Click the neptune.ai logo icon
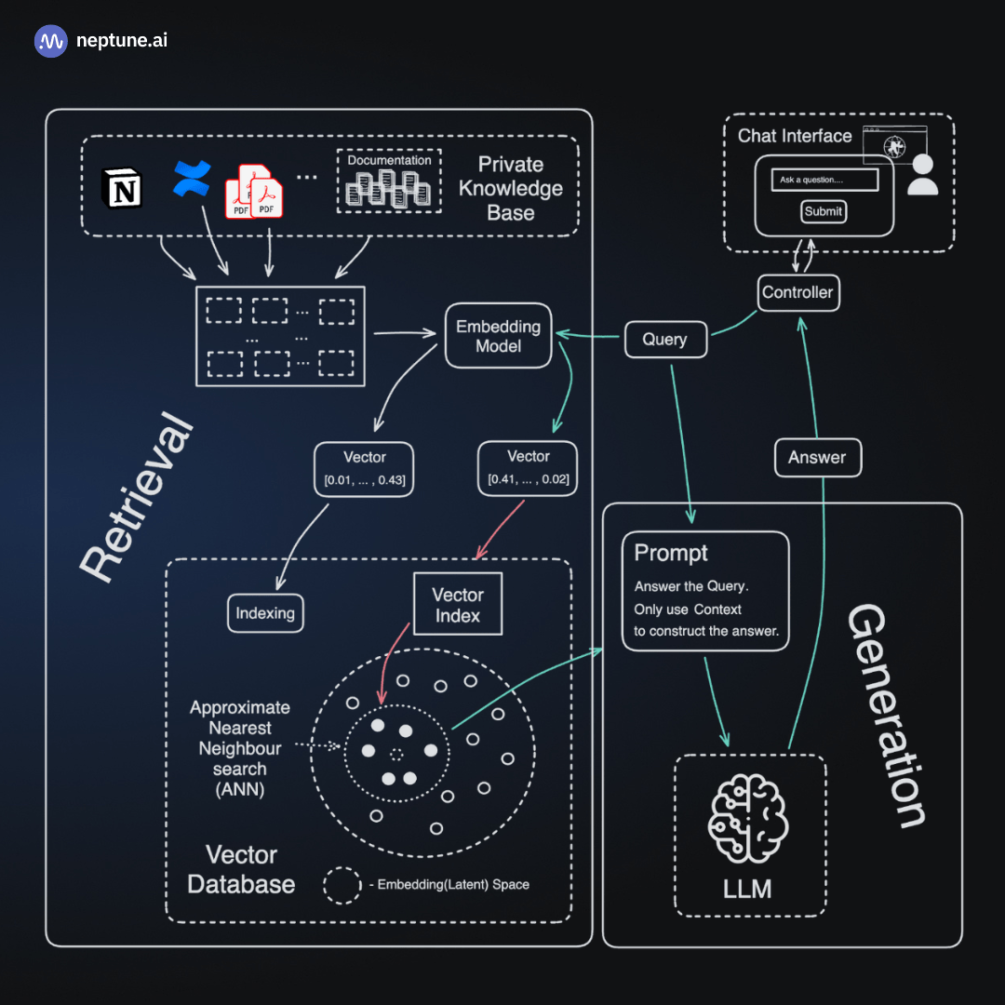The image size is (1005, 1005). point(51,41)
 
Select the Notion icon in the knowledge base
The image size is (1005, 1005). point(122,189)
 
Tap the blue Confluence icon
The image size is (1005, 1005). point(193,179)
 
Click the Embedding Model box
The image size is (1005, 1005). point(498,336)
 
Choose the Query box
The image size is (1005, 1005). point(664,340)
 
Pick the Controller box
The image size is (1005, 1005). point(797,292)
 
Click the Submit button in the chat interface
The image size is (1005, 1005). point(824,211)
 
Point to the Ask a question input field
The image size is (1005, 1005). point(824,180)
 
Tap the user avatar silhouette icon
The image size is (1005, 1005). point(922,174)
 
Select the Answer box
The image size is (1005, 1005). point(817,457)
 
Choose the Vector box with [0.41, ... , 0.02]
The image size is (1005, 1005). point(528,468)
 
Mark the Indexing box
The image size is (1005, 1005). point(265,613)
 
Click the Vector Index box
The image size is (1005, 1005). point(458,605)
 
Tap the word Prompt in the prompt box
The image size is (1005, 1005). point(671,553)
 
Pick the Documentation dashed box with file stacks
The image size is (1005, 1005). point(389,180)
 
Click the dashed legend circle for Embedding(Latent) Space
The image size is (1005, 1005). point(343,884)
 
